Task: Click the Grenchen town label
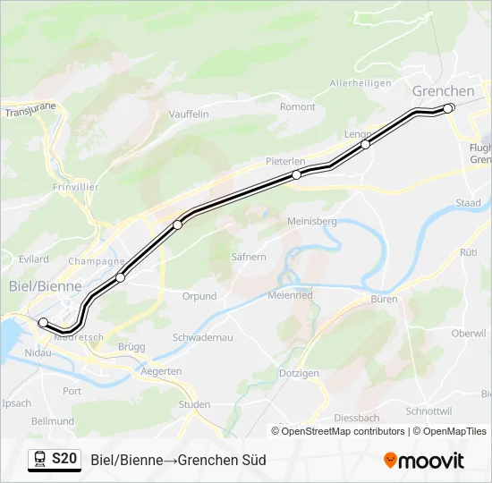[x=443, y=91]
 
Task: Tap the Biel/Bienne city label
[x=44, y=286]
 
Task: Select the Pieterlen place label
[x=285, y=161]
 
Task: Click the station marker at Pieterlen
[x=296, y=175]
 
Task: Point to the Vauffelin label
[x=189, y=114]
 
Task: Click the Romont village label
[x=298, y=107]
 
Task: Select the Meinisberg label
[x=311, y=221]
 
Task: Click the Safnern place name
[x=249, y=257]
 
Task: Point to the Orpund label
[x=199, y=296]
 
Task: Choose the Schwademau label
[x=202, y=337]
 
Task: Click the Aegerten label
[x=162, y=370]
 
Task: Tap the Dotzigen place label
[x=299, y=373]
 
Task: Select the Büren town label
[x=384, y=300]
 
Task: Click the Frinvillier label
[x=75, y=188]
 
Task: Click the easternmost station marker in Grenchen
[x=449, y=108]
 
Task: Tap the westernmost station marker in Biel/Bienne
[x=43, y=322]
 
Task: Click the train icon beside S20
[x=39, y=460]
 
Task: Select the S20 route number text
[x=64, y=459]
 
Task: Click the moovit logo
[x=424, y=461]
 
